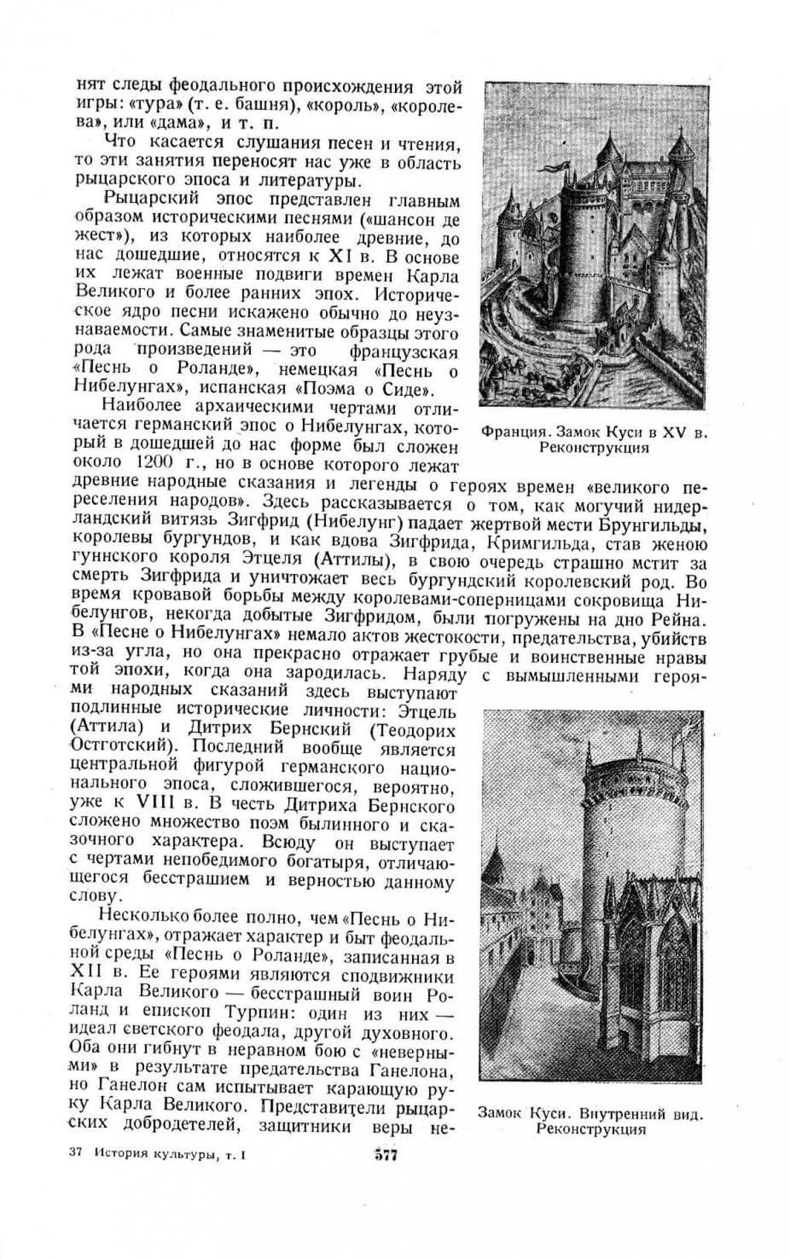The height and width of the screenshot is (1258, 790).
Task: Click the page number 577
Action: [385, 1156]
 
